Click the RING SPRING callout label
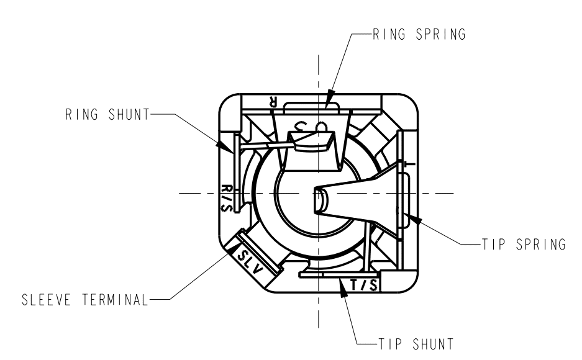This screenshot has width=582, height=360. tap(419, 34)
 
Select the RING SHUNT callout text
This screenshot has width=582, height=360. tap(107, 115)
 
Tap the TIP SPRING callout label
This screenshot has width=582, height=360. tap(524, 245)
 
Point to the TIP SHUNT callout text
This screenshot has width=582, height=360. tap(416, 344)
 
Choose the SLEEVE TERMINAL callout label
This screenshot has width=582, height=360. tap(85, 300)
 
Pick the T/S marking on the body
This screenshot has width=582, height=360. tap(364, 285)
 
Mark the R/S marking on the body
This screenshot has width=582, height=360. tap(227, 198)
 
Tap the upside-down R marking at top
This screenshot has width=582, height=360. tap(273, 102)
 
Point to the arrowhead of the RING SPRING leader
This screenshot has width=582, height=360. tap(330, 99)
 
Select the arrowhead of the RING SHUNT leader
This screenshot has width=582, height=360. tap(225, 147)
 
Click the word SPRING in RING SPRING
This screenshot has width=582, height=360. tap(440, 34)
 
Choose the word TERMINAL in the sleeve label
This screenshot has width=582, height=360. tap(115, 300)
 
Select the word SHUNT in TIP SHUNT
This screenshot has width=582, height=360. tap(433, 344)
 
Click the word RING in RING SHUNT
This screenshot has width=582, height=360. tap(81, 115)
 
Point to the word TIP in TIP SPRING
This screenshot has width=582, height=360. tap(493, 245)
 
